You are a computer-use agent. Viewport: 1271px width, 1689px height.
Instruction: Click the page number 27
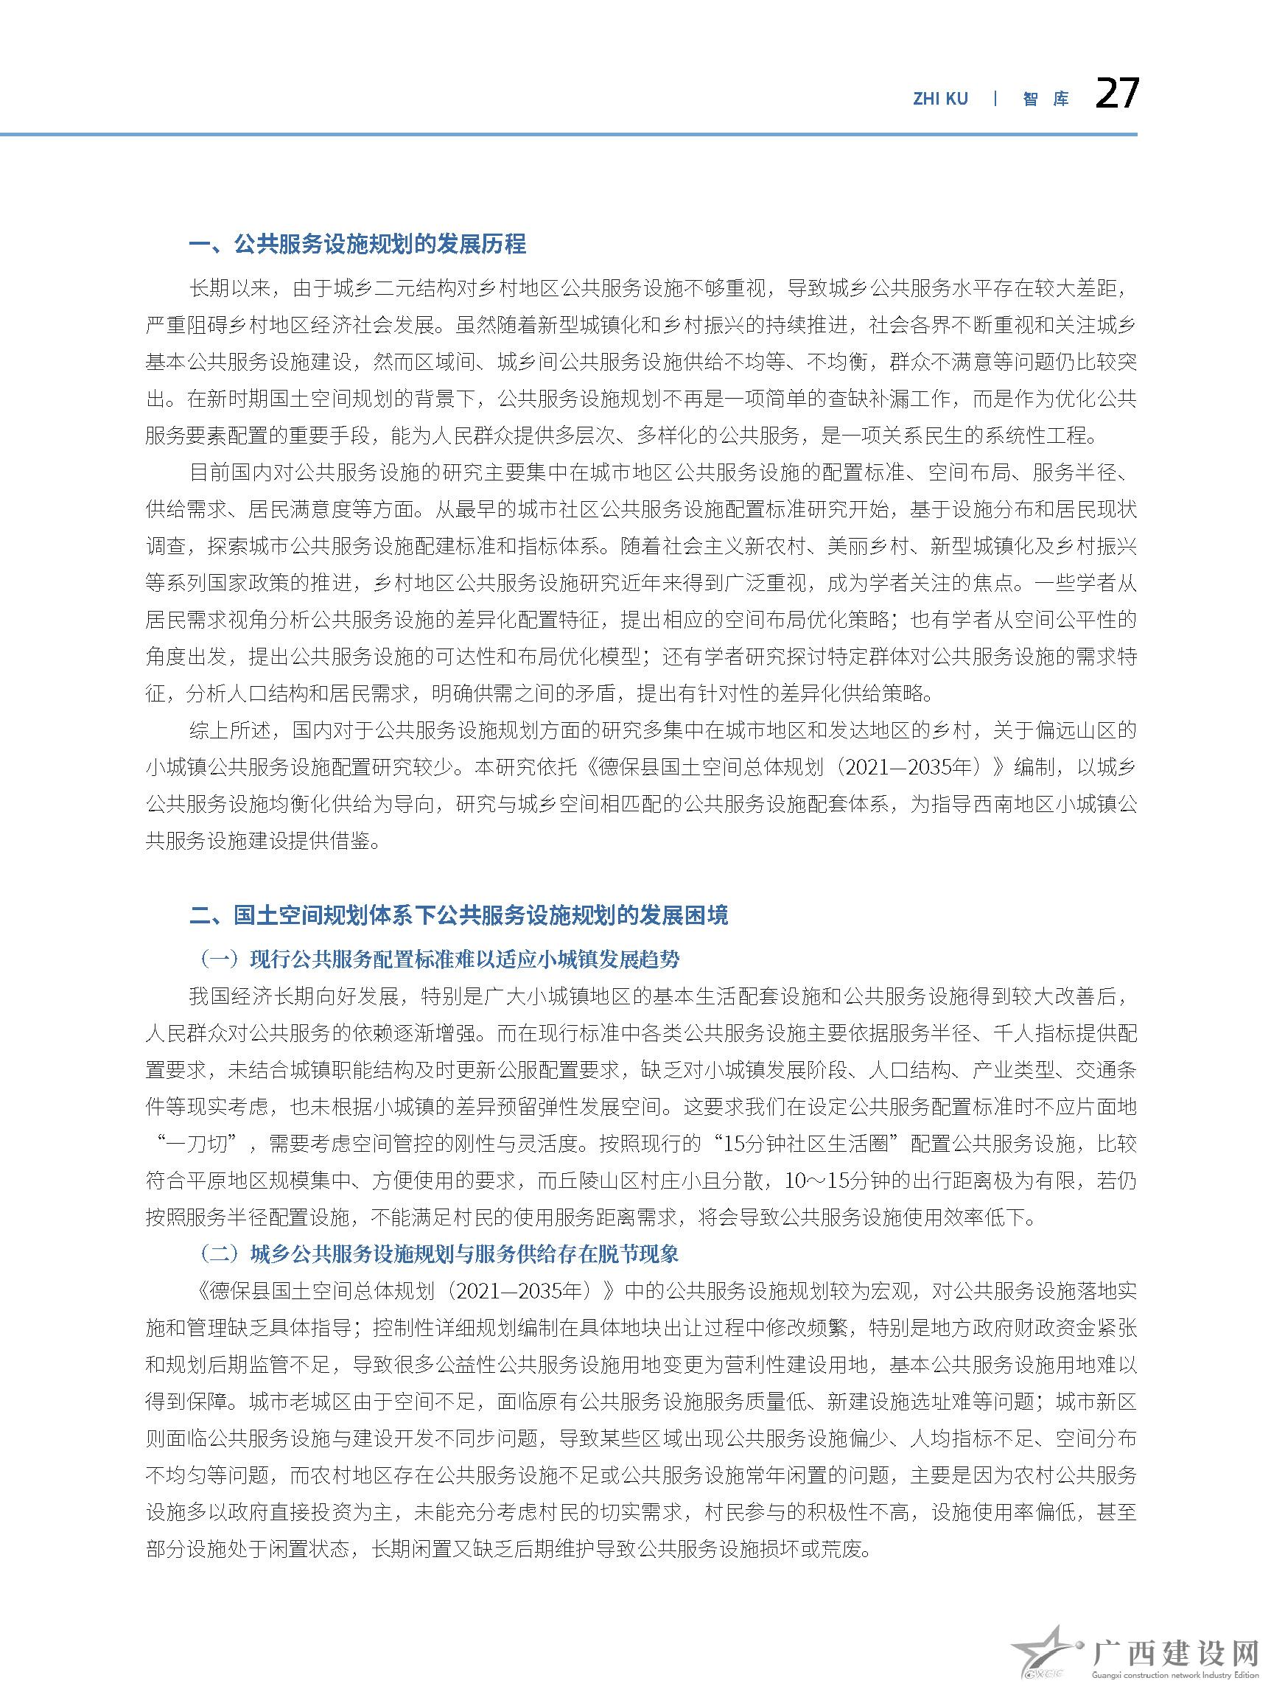tap(1116, 94)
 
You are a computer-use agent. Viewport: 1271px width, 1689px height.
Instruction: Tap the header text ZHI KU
tap(939, 99)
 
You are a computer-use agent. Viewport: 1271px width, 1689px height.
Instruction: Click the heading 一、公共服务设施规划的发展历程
tap(357, 245)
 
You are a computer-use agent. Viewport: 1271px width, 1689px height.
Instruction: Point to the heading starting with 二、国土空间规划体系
tap(458, 915)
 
